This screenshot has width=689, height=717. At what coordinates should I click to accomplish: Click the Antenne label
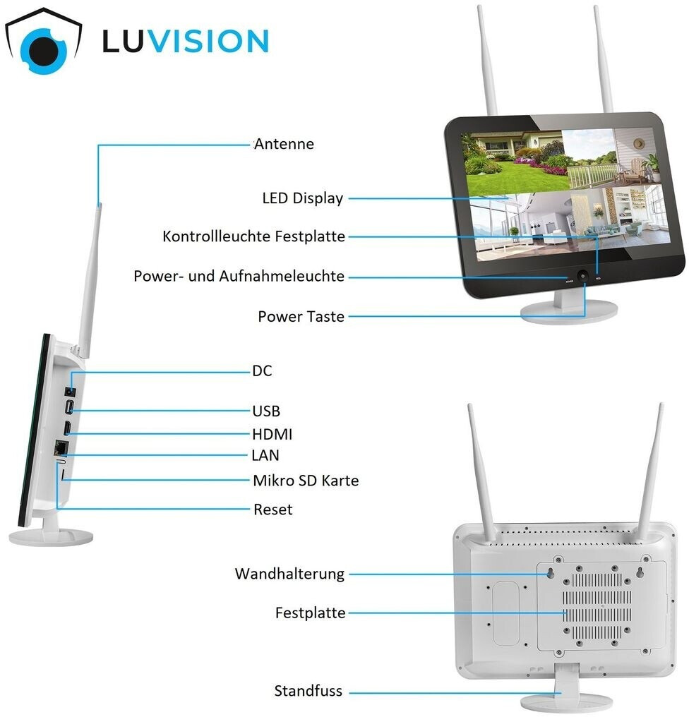click(284, 144)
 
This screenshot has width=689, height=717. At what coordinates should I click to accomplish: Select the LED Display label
click(302, 198)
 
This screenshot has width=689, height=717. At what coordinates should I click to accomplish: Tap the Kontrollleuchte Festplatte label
click(254, 236)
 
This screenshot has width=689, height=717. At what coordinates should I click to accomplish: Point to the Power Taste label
click(301, 316)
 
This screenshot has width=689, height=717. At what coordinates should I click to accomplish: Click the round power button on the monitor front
click(583, 277)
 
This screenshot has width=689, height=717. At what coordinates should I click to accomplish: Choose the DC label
click(262, 370)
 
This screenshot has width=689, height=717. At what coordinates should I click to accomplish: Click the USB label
click(266, 411)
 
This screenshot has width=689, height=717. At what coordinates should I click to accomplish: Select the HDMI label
click(272, 434)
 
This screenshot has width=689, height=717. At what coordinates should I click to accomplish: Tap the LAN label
click(265, 455)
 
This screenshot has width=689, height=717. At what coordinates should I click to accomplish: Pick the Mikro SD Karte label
click(306, 481)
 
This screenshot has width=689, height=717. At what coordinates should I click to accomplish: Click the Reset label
click(272, 509)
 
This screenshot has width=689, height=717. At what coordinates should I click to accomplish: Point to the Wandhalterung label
click(289, 574)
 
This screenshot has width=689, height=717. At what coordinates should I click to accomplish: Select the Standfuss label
click(308, 691)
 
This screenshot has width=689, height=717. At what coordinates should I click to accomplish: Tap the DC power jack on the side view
click(69, 390)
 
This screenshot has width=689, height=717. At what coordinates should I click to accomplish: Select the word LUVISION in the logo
click(185, 41)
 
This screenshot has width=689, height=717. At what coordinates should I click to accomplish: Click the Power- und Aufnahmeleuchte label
click(239, 276)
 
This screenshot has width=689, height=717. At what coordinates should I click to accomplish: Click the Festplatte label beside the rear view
click(310, 613)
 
